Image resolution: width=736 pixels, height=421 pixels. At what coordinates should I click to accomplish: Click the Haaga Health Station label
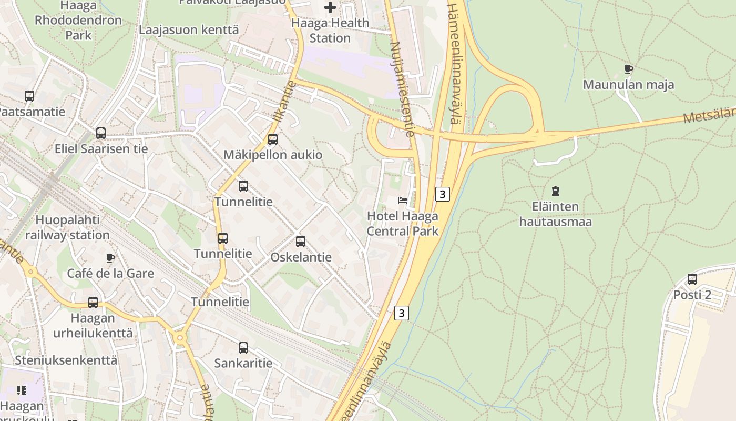pos(330,31)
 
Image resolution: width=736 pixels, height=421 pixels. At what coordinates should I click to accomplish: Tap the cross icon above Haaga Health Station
pos(330,7)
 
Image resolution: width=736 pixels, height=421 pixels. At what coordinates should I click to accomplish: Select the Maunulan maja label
pos(628,85)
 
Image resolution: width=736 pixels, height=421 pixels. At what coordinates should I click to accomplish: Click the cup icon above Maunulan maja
pos(628,69)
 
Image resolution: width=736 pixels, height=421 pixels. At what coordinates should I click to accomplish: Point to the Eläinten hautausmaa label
pos(555,214)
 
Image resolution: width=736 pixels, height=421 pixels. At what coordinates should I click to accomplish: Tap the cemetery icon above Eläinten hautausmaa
pos(555,191)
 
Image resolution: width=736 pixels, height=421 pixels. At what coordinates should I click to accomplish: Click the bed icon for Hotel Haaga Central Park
pos(403,201)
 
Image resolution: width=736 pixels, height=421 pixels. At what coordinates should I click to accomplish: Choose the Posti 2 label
pos(692,295)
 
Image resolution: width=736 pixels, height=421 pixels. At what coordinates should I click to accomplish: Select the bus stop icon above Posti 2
pos(692,279)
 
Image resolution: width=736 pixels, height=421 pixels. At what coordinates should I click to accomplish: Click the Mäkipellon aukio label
pos(273,155)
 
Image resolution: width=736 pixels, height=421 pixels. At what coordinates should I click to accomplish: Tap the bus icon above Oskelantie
pos(300,242)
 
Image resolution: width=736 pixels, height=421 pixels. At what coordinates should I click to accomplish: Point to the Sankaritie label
pos(243,363)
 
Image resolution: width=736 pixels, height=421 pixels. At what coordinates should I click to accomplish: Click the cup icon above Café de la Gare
pos(110,258)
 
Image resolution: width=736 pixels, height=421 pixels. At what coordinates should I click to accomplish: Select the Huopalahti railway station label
pos(67,227)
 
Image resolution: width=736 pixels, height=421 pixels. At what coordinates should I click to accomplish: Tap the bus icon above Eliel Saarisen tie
pos(100,133)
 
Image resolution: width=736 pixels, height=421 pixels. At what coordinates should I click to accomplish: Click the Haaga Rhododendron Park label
pos(78,21)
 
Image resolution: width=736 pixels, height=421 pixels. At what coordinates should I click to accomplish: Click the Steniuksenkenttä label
pos(66,360)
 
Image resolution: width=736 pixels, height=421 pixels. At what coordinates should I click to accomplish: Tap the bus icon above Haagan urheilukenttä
pos(93,303)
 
